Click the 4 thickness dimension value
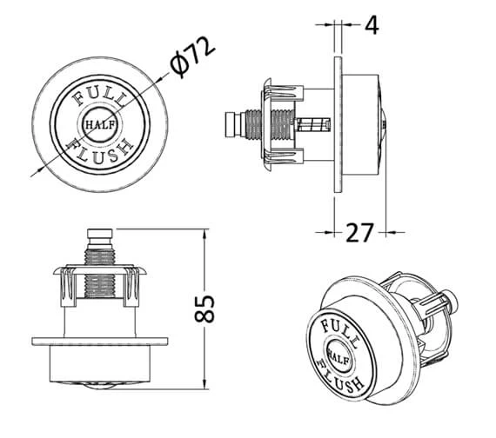(x=372, y=24)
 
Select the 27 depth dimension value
(x=360, y=232)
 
